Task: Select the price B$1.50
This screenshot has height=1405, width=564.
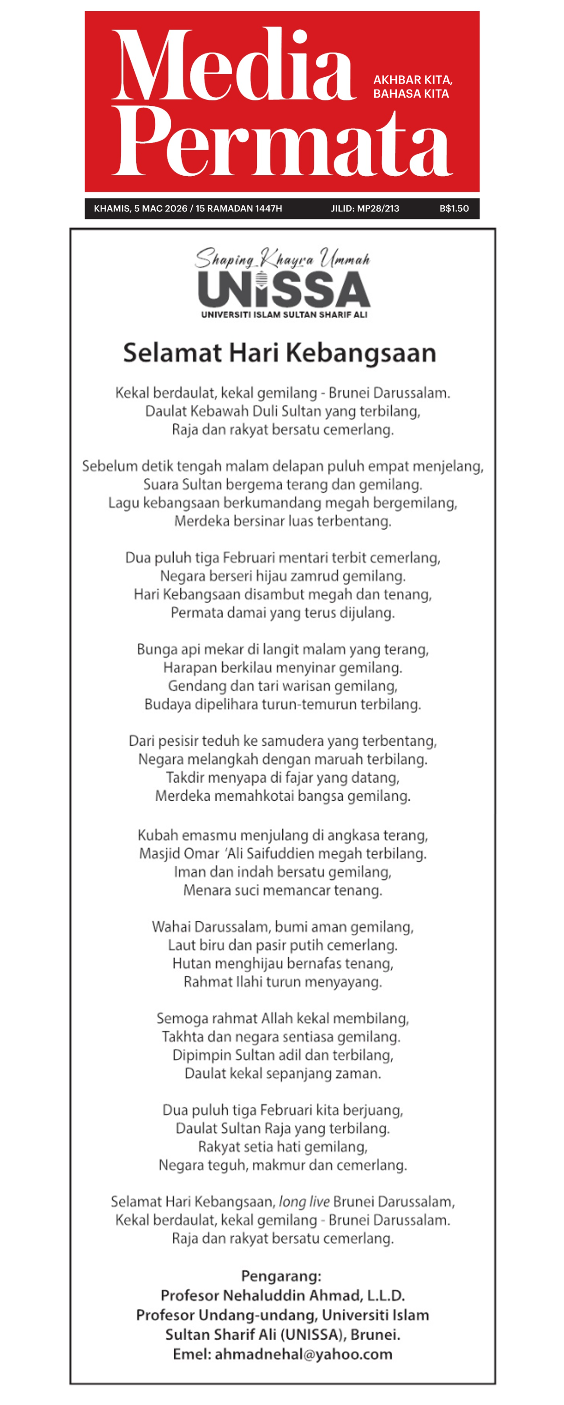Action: click(x=454, y=208)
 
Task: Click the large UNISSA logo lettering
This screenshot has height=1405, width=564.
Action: click(x=283, y=289)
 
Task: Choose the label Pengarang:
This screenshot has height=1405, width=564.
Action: click(x=281, y=1276)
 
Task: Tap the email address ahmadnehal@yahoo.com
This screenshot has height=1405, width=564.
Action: click(x=303, y=1354)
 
